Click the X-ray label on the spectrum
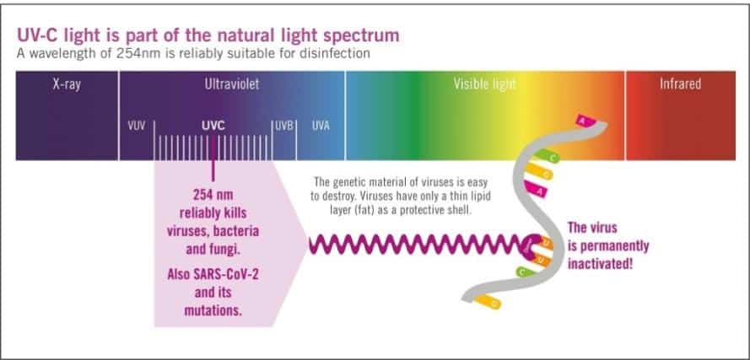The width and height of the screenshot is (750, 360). click(67, 84)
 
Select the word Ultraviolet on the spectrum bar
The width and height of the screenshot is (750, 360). click(232, 84)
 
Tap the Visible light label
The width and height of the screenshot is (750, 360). click(484, 84)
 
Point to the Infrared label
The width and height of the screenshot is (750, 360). click(680, 84)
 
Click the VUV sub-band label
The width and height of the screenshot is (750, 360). click(137, 126)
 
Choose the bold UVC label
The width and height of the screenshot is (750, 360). click(213, 126)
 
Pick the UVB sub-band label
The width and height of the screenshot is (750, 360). click(284, 126)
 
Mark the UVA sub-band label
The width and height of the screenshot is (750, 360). click(321, 126)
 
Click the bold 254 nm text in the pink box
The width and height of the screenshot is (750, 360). click(213, 195)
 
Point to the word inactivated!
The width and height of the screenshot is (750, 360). click(600, 263)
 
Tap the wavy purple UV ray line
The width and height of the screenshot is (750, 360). click(416, 244)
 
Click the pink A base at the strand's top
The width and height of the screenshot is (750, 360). click(586, 121)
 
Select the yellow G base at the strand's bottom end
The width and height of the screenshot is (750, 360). click(488, 302)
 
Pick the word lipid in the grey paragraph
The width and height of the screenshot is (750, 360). click(481, 196)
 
